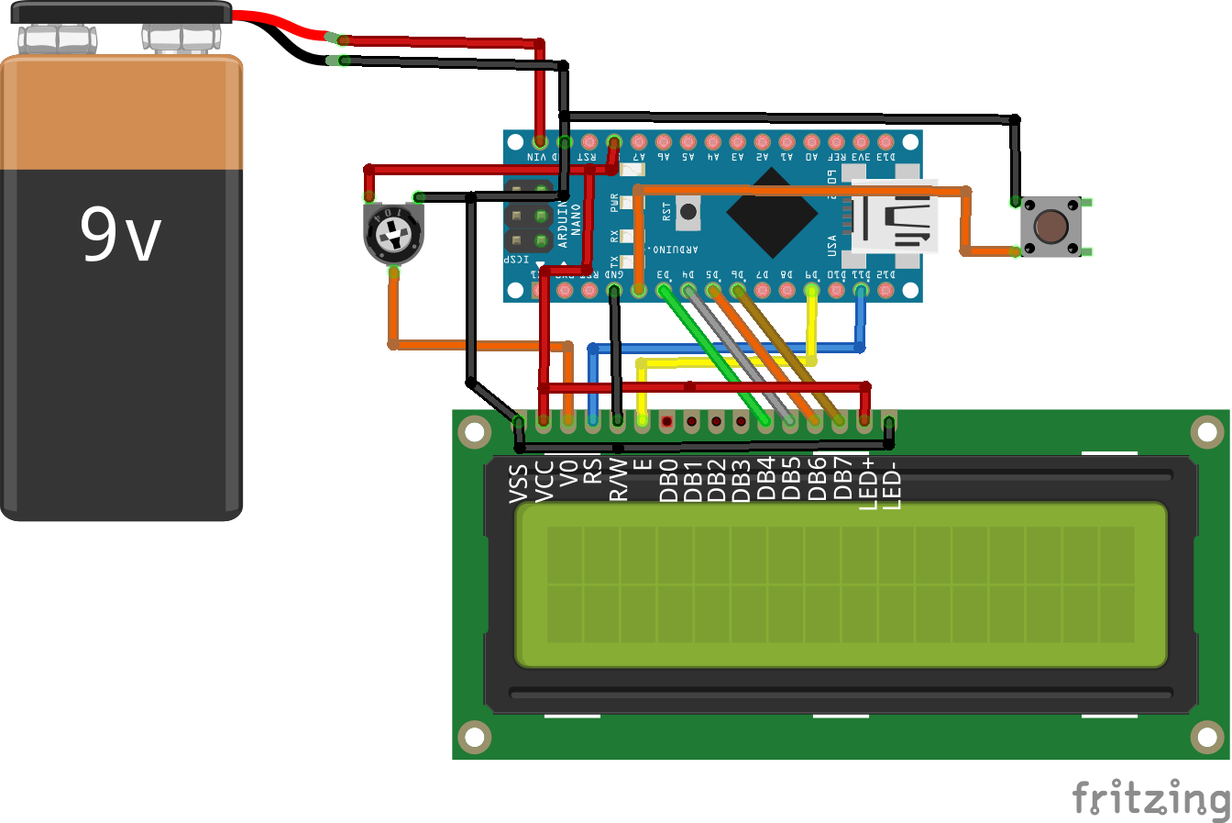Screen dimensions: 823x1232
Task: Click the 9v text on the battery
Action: click(x=120, y=234)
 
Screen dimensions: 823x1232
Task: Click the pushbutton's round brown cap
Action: click(x=1050, y=226)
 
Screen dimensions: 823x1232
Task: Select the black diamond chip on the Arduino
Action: click(x=772, y=214)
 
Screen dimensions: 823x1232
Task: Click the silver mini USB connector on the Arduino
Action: click(x=894, y=217)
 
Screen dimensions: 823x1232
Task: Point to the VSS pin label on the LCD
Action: click(x=519, y=483)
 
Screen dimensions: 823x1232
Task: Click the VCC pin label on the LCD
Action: click(x=544, y=481)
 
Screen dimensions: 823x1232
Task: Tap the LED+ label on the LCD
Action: click(x=867, y=483)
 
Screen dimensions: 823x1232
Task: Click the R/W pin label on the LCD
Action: click(x=619, y=479)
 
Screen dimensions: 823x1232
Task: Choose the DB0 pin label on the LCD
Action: click(x=668, y=480)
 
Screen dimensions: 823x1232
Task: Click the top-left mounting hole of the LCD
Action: click(x=474, y=431)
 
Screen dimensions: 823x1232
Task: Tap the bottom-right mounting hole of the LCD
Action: click(x=1207, y=736)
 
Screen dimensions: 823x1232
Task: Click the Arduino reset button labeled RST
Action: click(x=687, y=212)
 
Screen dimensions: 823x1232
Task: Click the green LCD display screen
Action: click(x=841, y=584)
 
